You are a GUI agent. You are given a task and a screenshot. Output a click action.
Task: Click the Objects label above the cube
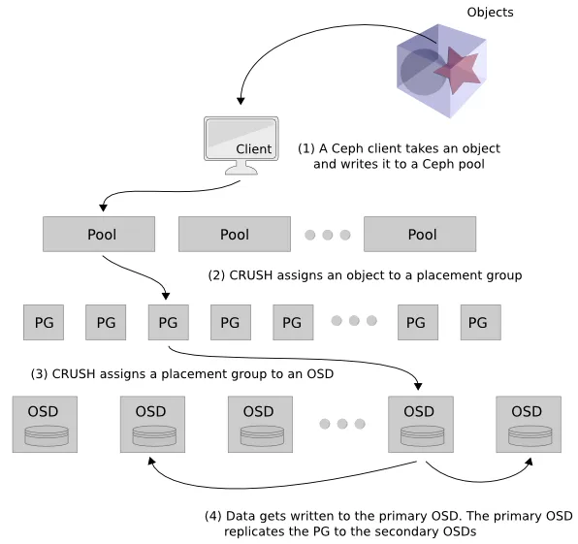490,13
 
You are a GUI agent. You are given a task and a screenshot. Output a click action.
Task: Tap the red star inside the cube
457,70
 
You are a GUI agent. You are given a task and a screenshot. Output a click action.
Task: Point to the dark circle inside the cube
420,72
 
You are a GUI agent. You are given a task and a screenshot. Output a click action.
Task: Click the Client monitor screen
241,139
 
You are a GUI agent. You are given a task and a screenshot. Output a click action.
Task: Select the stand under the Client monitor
241,168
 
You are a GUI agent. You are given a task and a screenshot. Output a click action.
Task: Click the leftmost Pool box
99,234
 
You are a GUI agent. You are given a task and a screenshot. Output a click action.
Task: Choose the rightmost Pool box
420,234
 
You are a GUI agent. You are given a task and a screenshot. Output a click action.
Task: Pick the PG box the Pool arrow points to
169,322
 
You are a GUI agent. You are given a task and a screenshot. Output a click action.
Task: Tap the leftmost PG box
44,322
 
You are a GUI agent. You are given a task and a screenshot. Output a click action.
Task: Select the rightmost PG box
481,322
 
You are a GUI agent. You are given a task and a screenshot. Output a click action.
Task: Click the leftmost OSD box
45,424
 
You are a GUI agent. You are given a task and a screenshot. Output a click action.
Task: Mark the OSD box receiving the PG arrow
421,424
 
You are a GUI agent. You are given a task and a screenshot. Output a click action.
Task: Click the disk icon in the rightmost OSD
530,435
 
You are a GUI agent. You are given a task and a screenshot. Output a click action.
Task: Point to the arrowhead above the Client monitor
241,101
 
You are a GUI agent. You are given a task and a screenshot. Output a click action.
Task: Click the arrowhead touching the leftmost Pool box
103,208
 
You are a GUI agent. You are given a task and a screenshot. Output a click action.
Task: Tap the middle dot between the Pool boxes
328,235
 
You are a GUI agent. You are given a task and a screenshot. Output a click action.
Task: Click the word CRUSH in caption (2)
250,275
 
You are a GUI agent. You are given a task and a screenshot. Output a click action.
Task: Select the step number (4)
213,516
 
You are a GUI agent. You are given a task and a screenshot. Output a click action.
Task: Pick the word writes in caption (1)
365,164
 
